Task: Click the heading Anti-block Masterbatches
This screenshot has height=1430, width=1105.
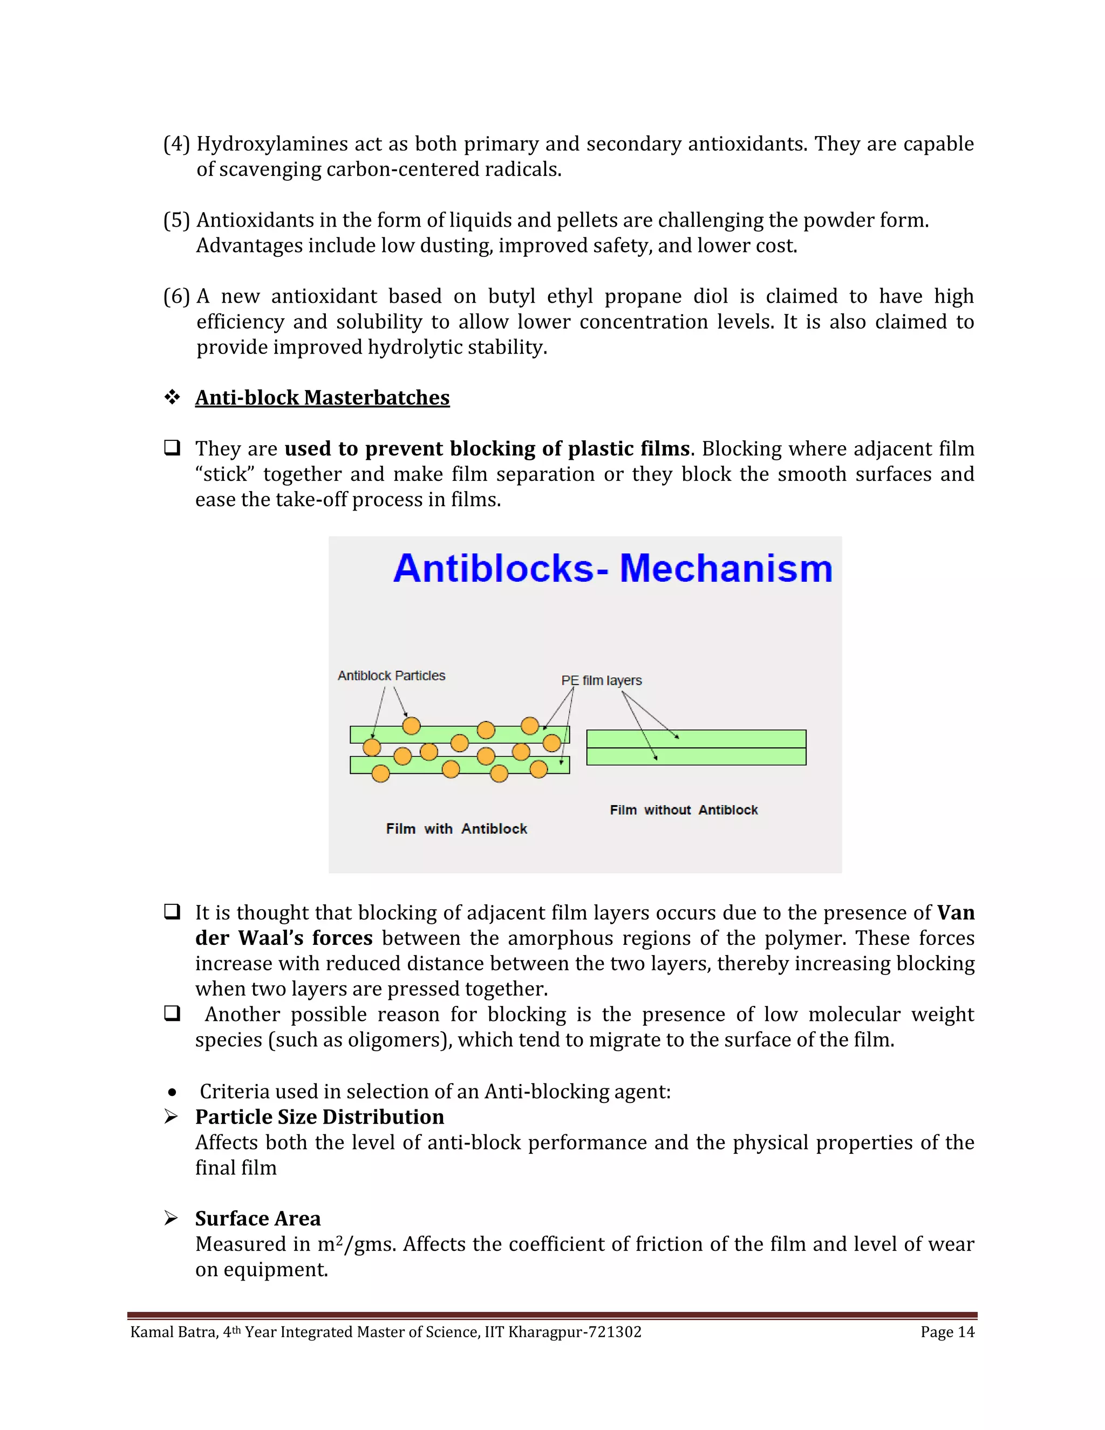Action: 322,398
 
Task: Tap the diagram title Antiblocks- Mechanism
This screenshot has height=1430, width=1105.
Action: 613,568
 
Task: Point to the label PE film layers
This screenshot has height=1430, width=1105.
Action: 601,680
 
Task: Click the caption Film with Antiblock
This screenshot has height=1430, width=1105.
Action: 456,828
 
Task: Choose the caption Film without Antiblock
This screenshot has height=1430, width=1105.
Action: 684,810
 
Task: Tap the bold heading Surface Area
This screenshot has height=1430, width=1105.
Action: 258,1218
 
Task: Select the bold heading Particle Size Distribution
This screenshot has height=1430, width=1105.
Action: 319,1116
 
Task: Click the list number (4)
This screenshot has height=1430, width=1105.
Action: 176,144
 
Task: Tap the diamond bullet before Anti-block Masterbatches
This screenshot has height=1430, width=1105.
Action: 172,397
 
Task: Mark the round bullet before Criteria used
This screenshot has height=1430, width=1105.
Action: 172,1092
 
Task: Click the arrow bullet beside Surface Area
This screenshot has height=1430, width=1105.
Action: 171,1218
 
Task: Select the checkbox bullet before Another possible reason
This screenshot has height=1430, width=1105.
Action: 172,1013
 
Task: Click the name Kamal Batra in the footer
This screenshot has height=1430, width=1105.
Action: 174,1332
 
